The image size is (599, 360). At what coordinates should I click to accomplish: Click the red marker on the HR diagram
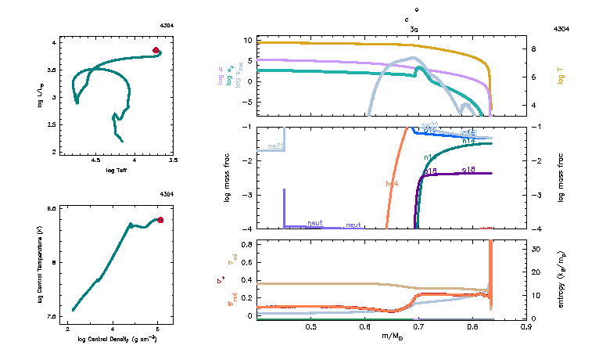click(x=156, y=50)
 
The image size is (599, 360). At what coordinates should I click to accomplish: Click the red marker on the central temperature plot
click(x=160, y=220)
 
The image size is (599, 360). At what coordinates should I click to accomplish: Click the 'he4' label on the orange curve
click(x=392, y=183)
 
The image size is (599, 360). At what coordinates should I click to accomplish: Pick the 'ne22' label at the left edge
click(x=275, y=146)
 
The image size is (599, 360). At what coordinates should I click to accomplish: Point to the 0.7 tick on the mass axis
click(x=418, y=326)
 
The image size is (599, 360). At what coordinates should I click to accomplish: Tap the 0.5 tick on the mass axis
click(x=310, y=326)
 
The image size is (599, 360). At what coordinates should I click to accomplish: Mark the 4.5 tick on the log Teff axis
click(x=96, y=160)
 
